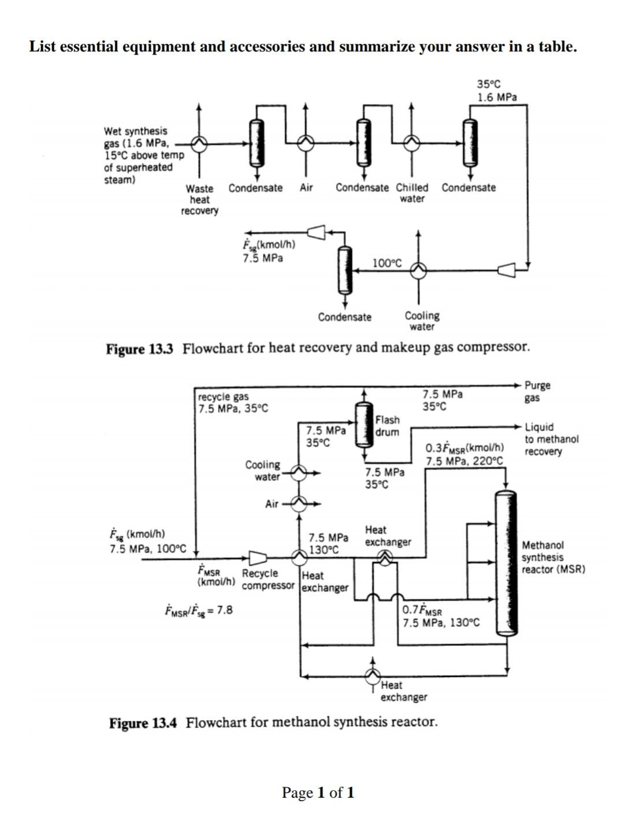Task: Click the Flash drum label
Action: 387,426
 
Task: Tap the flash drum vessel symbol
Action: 363,425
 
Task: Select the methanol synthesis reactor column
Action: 506,563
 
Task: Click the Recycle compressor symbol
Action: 258,557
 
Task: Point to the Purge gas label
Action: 537,392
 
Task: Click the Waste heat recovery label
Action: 199,199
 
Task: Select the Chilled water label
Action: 412,193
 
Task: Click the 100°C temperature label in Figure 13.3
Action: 387,263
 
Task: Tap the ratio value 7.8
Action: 225,609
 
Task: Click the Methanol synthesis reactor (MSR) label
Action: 553,557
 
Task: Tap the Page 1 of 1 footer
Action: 318,792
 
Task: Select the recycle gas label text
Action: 224,397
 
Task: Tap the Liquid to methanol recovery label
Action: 551,439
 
